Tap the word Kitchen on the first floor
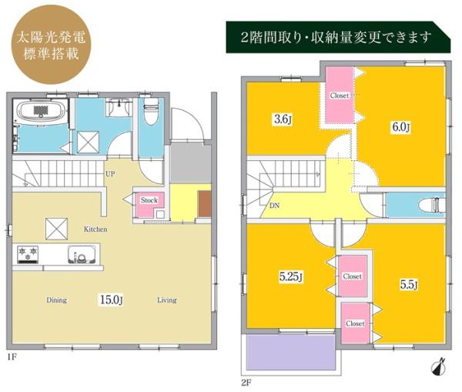click(95, 230)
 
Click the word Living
click(166, 300)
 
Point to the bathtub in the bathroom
click(42, 112)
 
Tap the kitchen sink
click(80, 254)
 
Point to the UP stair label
click(111, 174)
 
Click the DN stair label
click(275, 206)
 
